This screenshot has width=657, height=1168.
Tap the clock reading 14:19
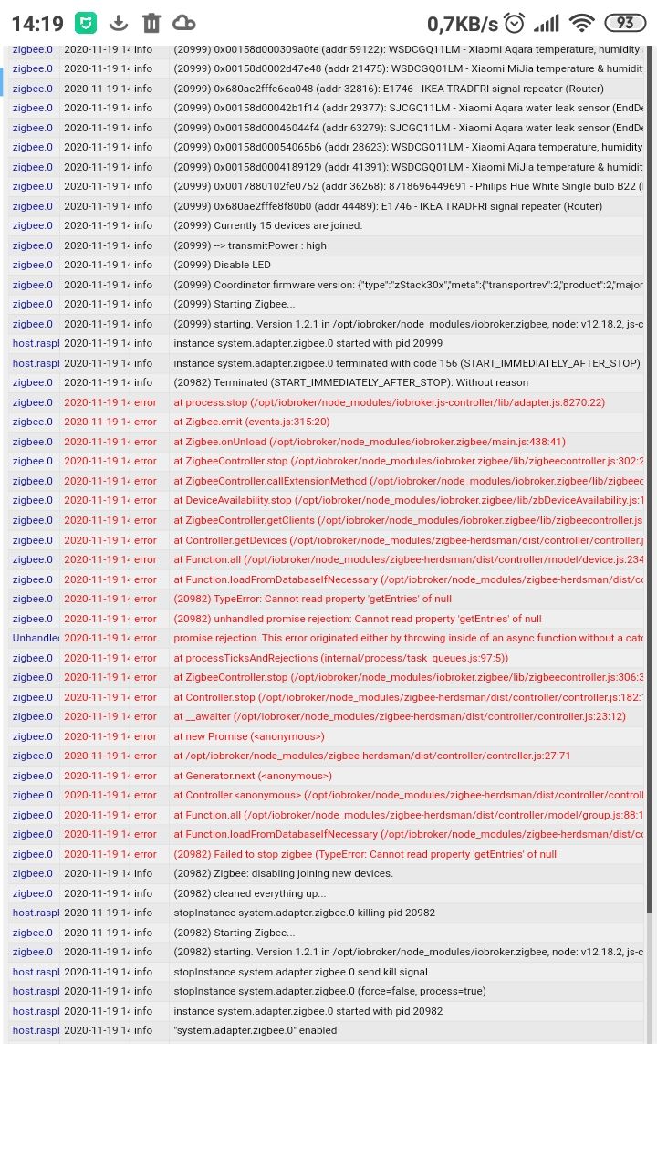pyautogui.click(x=37, y=23)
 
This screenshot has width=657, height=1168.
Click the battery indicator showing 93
pyautogui.click(x=625, y=23)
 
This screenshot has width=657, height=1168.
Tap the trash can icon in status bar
pyautogui.click(x=151, y=23)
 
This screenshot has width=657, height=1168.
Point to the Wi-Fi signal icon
pyautogui.click(x=581, y=23)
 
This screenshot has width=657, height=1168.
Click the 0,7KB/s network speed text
pyautogui.click(x=463, y=23)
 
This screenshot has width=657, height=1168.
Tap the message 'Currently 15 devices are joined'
pyautogui.click(x=268, y=225)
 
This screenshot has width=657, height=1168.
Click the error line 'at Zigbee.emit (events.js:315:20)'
pyautogui.click(x=252, y=422)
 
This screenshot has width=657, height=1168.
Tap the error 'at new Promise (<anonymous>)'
pyautogui.click(x=249, y=736)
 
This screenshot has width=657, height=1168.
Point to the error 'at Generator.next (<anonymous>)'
pyautogui.click(x=253, y=776)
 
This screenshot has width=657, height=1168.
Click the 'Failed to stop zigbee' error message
pyautogui.click(x=365, y=854)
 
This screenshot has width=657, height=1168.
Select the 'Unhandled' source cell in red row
pyautogui.click(x=35, y=638)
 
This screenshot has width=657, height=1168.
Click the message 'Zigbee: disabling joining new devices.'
pyautogui.click(x=284, y=873)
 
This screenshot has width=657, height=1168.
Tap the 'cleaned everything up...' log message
pyautogui.click(x=250, y=893)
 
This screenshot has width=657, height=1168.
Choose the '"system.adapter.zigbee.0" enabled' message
pyautogui.click(x=255, y=1030)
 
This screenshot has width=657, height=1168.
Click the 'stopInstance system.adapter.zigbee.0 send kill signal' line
pyautogui.click(x=301, y=972)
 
